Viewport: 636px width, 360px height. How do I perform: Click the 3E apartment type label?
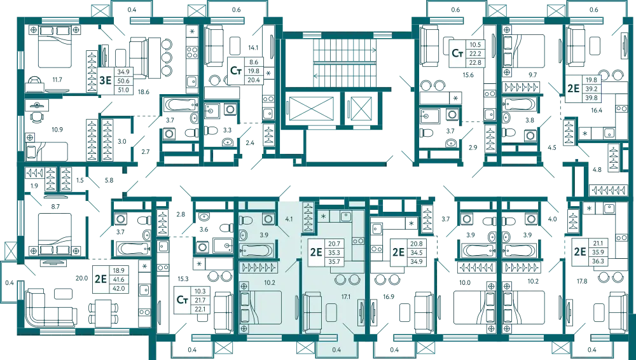[105, 80]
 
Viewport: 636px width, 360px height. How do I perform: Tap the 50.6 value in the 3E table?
[123, 81]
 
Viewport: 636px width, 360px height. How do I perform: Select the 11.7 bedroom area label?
[57, 80]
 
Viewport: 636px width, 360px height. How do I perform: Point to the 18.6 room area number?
[144, 92]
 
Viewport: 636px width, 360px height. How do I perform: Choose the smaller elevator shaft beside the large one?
[361, 108]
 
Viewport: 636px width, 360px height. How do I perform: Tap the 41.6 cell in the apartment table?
[120, 280]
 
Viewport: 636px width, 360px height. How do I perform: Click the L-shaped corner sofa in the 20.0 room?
[51, 308]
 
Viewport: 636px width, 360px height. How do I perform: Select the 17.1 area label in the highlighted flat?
[346, 297]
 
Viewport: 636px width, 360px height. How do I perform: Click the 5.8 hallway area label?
[109, 180]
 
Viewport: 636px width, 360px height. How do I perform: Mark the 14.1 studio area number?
[253, 48]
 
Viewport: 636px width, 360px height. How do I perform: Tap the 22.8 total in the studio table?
[475, 62]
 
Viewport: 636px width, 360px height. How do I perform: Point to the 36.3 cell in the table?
[598, 261]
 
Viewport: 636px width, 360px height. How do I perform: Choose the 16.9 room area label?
[388, 296]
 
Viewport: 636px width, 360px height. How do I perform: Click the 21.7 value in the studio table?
[200, 300]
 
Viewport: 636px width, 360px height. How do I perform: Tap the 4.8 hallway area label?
[597, 170]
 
